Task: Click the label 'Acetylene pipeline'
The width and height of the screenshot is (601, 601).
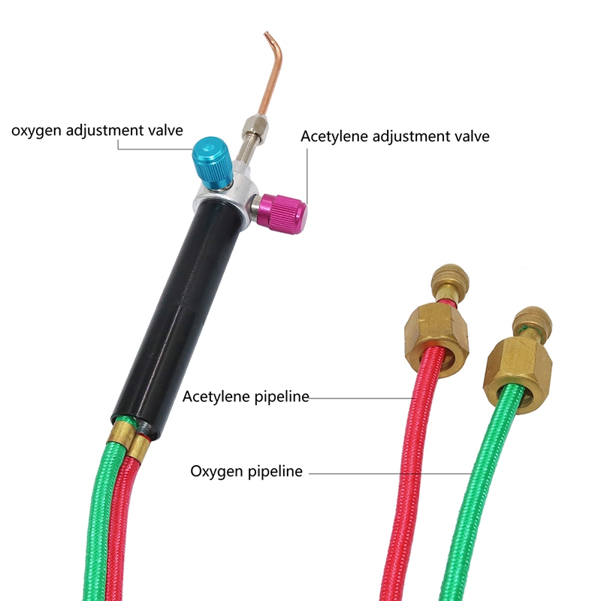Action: (x=246, y=396)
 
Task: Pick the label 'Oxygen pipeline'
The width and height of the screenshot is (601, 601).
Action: (x=246, y=472)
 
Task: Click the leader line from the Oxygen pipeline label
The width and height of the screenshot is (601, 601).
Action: (x=383, y=473)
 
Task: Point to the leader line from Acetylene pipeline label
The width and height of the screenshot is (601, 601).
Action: (x=361, y=397)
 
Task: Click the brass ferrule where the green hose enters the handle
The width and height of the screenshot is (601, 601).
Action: (x=119, y=433)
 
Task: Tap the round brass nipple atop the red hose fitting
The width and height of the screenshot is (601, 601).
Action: (x=443, y=280)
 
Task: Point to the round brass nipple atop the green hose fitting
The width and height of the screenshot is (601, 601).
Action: (x=530, y=319)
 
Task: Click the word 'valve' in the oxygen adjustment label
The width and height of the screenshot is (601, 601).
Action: (x=166, y=131)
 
